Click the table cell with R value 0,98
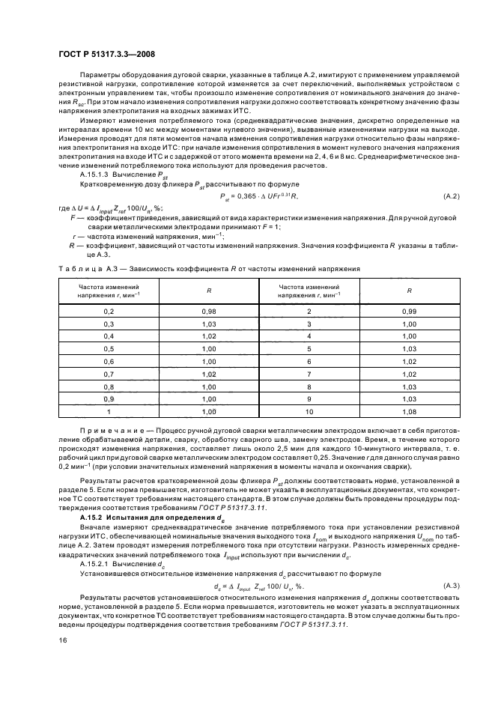(x=207, y=311)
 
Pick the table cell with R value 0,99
(x=407, y=311)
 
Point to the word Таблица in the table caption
(x=79, y=267)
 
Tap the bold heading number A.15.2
(x=92, y=517)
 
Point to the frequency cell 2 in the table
(x=308, y=311)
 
